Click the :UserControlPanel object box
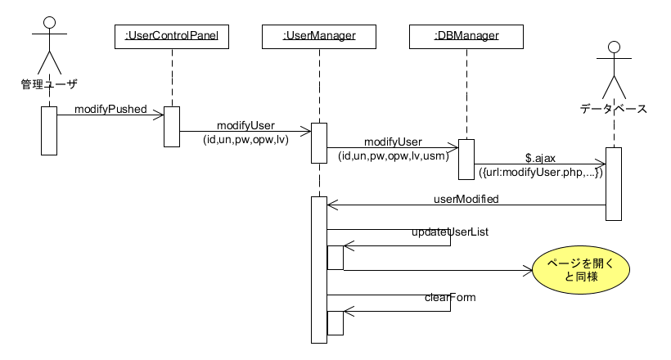(x=172, y=35)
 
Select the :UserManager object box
(x=318, y=35)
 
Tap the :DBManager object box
(x=466, y=35)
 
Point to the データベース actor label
(x=614, y=107)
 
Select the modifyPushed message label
(x=110, y=108)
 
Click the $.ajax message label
(x=541, y=157)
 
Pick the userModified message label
(x=466, y=198)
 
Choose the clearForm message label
(x=450, y=297)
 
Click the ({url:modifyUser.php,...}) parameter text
(x=541, y=173)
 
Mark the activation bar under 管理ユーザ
(x=48, y=130)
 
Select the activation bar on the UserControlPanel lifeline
(x=172, y=126)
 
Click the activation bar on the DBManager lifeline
(x=466, y=159)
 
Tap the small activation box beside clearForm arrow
(x=335, y=322)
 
